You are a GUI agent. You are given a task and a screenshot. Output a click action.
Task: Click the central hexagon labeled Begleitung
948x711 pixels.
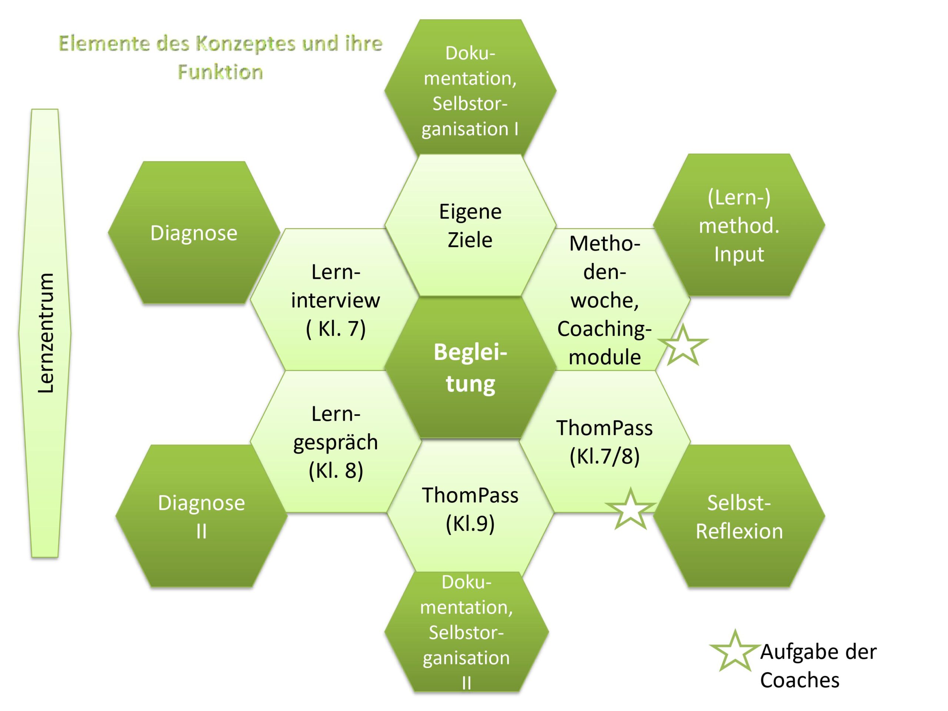pos(470,368)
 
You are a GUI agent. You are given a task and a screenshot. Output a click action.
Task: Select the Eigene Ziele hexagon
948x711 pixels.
pos(470,226)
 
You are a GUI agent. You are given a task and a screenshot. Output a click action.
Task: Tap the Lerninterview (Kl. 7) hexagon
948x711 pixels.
pos(335,300)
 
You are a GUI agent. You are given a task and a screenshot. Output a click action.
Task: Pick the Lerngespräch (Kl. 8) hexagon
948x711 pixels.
pos(335,442)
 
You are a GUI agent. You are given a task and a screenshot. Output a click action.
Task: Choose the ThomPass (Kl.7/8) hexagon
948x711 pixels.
pos(604,442)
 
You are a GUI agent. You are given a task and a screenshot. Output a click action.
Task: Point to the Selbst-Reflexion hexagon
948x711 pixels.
pos(739,517)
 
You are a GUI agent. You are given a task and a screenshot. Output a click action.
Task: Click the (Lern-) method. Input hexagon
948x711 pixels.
pos(739,226)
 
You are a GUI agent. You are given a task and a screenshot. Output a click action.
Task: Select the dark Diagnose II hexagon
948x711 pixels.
pos(201,517)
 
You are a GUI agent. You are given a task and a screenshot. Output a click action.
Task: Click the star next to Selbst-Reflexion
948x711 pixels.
pos(630,510)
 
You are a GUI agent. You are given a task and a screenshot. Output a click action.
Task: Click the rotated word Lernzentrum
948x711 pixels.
pos(46,333)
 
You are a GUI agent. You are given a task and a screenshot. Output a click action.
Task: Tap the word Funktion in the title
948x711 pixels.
pos(220,72)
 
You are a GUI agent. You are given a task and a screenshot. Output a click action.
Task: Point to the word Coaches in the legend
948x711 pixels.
pos(800,680)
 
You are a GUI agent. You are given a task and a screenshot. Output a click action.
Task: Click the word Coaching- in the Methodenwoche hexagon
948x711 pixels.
pos(604,329)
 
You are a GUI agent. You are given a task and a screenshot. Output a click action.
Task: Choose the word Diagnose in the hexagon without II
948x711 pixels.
pos(194,233)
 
